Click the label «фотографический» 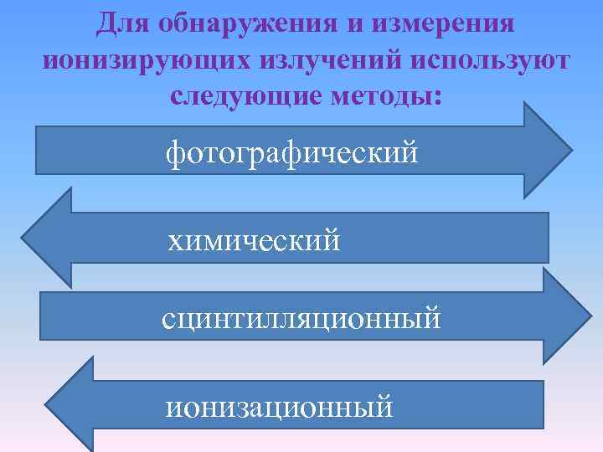pos(291,152)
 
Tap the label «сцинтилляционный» pos(301,319)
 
